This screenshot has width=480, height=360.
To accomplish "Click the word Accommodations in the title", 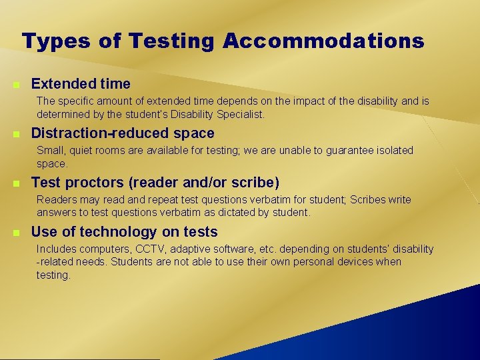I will click(x=324, y=41).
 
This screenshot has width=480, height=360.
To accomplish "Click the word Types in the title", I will click(x=56, y=41).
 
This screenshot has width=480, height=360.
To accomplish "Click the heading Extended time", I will click(x=81, y=84).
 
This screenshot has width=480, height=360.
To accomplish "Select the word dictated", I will click(x=229, y=213).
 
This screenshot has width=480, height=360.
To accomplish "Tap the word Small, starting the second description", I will click(x=51, y=151).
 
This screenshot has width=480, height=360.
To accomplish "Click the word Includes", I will click(x=57, y=249).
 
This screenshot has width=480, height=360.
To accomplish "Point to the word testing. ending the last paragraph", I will click(x=53, y=275).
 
